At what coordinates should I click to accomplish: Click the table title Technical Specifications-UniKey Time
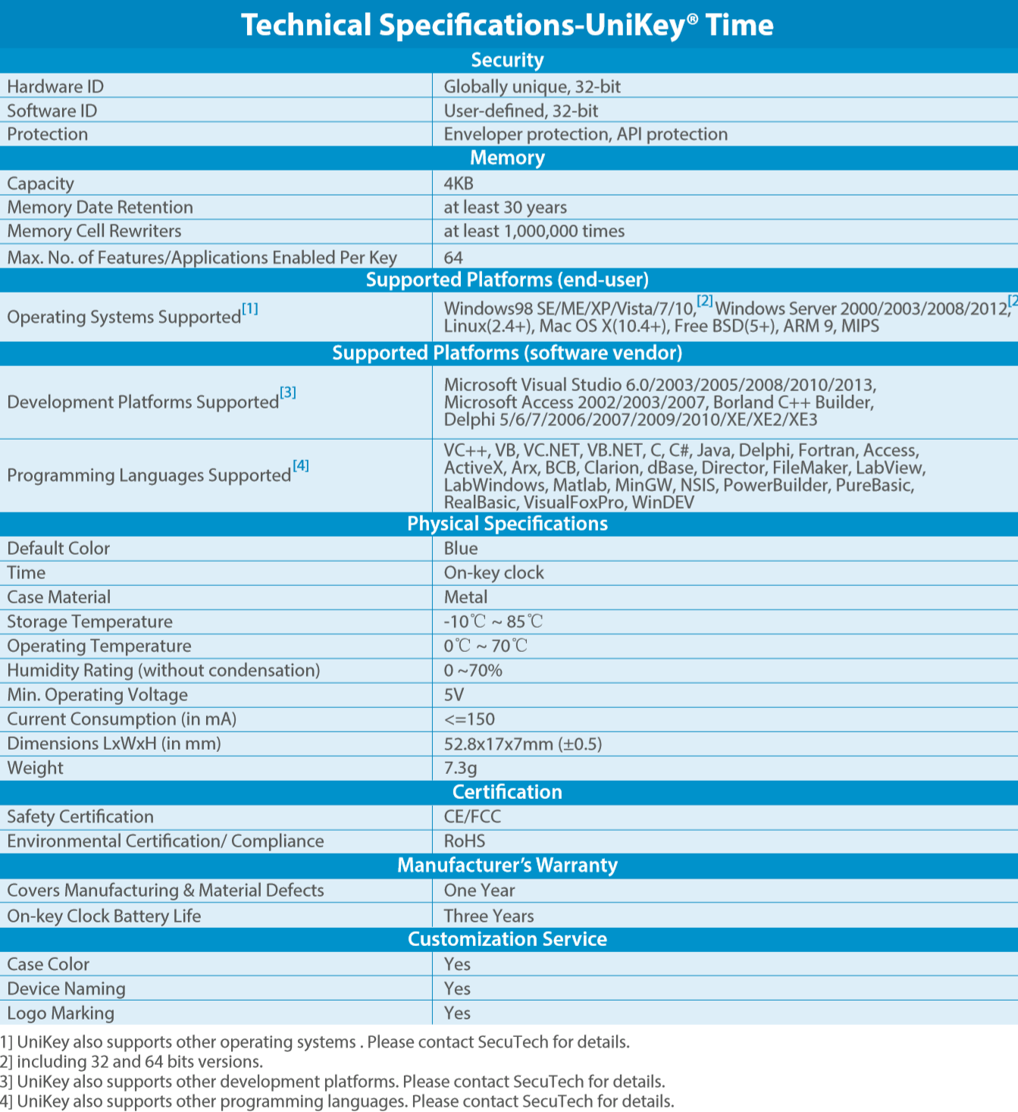(x=507, y=25)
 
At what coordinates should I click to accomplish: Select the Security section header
(x=507, y=61)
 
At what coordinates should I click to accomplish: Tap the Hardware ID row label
(x=55, y=86)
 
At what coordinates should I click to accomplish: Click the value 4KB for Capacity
(x=459, y=183)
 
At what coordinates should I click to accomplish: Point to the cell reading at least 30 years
(x=505, y=207)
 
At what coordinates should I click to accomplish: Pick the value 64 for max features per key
(x=453, y=258)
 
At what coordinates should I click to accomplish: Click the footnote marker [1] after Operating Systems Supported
(x=250, y=309)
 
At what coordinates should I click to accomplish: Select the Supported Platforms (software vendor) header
(x=507, y=353)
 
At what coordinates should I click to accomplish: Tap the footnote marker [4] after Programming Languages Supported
(x=301, y=465)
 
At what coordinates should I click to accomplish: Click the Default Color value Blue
(x=461, y=548)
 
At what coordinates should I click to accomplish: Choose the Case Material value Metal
(x=465, y=597)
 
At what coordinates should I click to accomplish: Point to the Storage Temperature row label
(x=89, y=622)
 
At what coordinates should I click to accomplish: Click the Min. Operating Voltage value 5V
(x=453, y=694)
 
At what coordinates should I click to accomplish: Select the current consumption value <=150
(x=469, y=719)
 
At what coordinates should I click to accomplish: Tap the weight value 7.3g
(x=460, y=768)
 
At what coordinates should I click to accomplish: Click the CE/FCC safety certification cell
(x=472, y=816)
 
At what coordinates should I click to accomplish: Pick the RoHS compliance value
(x=464, y=841)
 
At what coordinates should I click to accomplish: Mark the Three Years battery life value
(x=488, y=916)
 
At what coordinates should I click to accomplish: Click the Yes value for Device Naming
(x=457, y=988)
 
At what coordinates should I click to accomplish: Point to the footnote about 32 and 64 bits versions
(x=133, y=1062)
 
